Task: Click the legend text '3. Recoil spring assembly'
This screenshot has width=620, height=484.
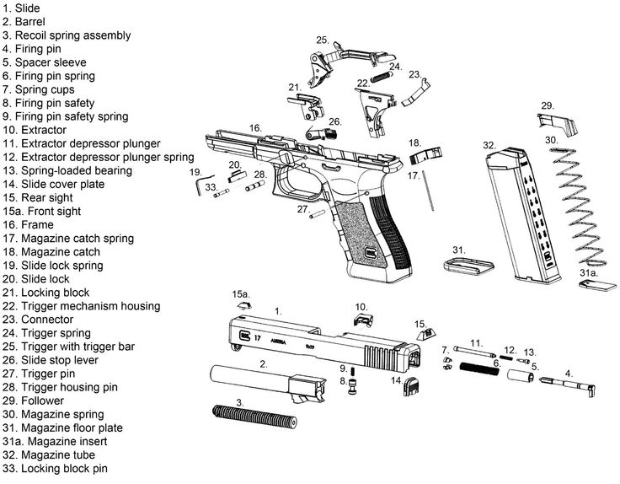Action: [x=78, y=35]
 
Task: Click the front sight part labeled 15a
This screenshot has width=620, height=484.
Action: [x=241, y=309]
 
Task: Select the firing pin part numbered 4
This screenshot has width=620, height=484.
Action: [x=572, y=386]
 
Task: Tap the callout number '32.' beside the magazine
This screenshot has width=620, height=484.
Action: [x=489, y=146]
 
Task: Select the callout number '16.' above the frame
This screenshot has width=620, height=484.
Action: [x=255, y=127]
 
